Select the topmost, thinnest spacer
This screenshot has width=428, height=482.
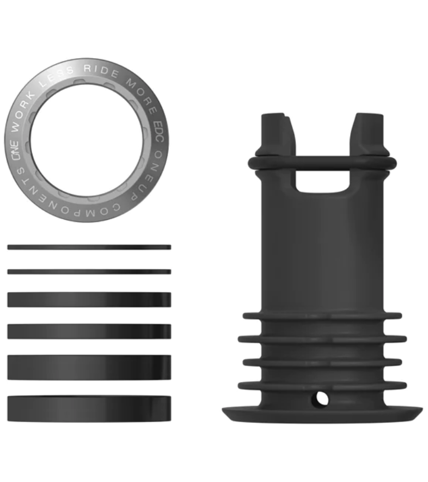click(x=89, y=247)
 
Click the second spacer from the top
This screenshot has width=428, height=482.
click(x=89, y=271)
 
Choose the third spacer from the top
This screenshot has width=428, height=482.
click(x=89, y=300)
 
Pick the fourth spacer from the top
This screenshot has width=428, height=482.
click(x=89, y=331)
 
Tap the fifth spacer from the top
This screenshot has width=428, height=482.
click(x=89, y=367)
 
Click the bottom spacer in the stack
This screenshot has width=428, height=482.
click(x=89, y=409)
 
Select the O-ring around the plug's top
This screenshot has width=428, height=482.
click(x=322, y=163)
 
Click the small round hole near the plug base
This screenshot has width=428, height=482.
click(x=320, y=400)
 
